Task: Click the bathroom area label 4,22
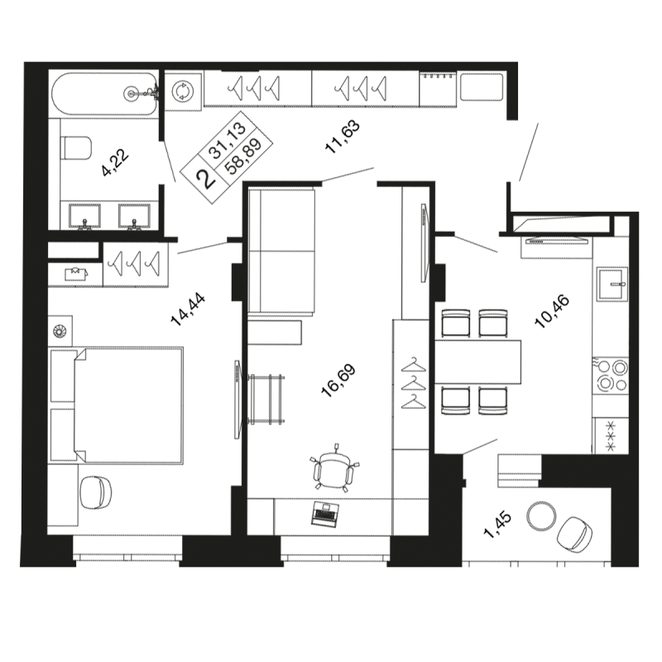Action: [115, 162]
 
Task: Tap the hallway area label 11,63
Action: [343, 137]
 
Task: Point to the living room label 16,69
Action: [338, 381]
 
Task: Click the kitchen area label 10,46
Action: [552, 312]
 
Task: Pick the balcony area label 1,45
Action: [498, 525]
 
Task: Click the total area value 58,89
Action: [243, 156]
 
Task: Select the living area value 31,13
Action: [228, 140]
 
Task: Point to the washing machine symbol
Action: [183, 91]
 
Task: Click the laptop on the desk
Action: [324, 514]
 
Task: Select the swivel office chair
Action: [333, 468]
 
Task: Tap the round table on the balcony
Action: [542, 515]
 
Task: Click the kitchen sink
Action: [612, 284]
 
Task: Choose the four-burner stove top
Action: [611, 376]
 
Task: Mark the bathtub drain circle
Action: [132, 93]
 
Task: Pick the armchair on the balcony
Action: [574, 534]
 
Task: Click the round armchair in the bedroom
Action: [96, 492]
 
